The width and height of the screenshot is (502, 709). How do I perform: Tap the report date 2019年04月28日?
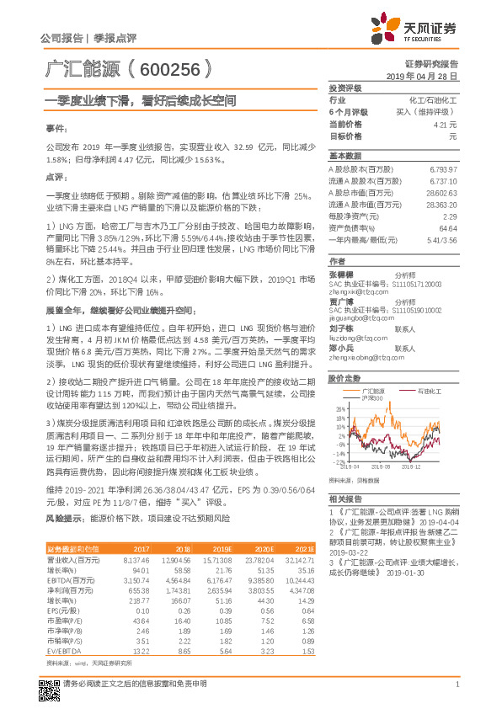click(427, 76)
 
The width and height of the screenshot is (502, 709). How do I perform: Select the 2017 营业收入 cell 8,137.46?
click(136, 559)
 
